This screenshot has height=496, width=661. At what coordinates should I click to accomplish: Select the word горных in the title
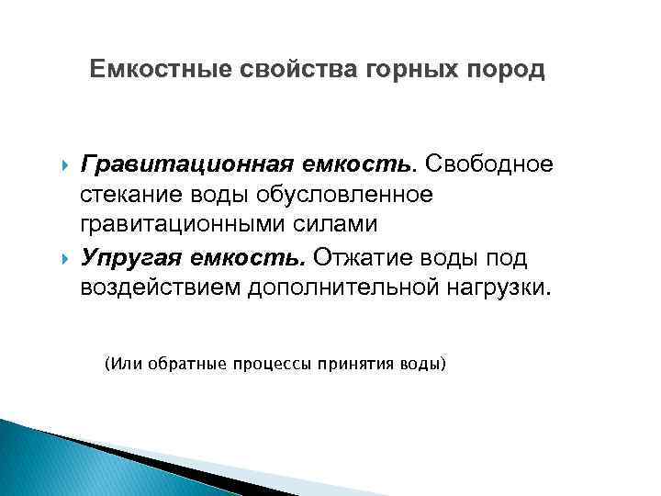(x=399, y=70)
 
